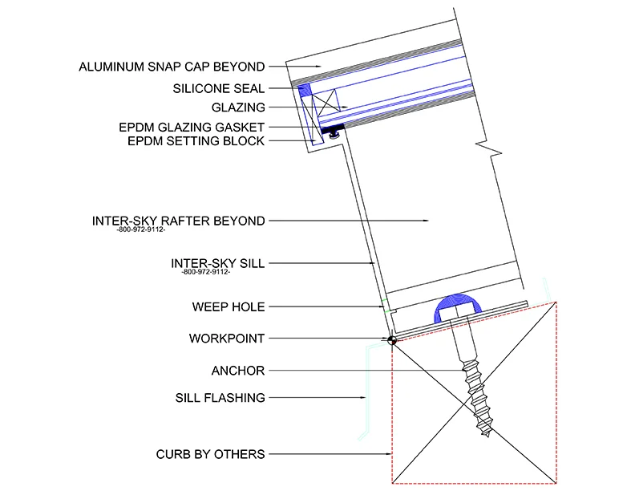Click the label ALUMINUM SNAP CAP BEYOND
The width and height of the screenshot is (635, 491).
[x=172, y=66]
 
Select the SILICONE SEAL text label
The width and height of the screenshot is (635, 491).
[x=218, y=88]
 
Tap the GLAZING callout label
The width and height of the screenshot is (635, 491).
[x=238, y=107]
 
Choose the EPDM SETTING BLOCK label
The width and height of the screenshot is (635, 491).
[x=196, y=141]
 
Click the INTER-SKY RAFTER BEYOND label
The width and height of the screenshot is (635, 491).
[x=178, y=220]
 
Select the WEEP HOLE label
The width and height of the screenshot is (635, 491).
[x=229, y=306]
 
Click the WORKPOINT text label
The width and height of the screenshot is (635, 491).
[x=227, y=339]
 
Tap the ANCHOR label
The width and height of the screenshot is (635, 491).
[x=237, y=371]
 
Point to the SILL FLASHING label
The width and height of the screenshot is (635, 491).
[x=220, y=397]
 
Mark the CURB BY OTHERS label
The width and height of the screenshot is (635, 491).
[x=210, y=454]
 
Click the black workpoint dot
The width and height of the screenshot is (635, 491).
[x=392, y=340]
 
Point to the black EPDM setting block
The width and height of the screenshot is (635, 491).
[x=332, y=128]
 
